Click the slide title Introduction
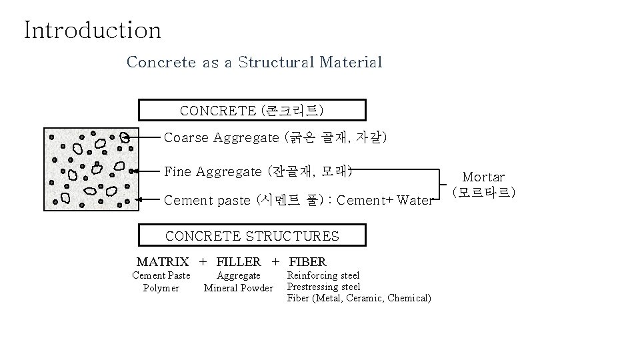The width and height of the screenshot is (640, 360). [x=92, y=30]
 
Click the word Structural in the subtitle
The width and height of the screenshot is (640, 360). [x=276, y=63]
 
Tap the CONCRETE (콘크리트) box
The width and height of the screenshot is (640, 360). [x=252, y=109]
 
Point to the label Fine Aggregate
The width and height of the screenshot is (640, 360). [x=213, y=171]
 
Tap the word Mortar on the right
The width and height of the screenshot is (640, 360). [x=483, y=177]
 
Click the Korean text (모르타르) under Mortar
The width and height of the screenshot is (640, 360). [x=483, y=193]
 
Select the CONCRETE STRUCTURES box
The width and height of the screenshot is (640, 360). [x=252, y=236]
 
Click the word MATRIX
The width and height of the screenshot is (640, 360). [x=163, y=262]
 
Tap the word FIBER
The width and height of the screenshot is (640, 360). [x=307, y=262]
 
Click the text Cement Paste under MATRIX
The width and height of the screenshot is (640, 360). [x=161, y=275]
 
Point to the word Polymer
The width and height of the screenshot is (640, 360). [x=161, y=288]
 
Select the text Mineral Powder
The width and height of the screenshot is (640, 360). [x=239, y=288]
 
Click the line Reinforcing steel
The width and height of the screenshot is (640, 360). [x=323, y=275]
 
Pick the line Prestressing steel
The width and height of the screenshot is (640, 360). [x=323, y=287]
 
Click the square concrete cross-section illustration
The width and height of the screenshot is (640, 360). [x=91, y=169]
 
